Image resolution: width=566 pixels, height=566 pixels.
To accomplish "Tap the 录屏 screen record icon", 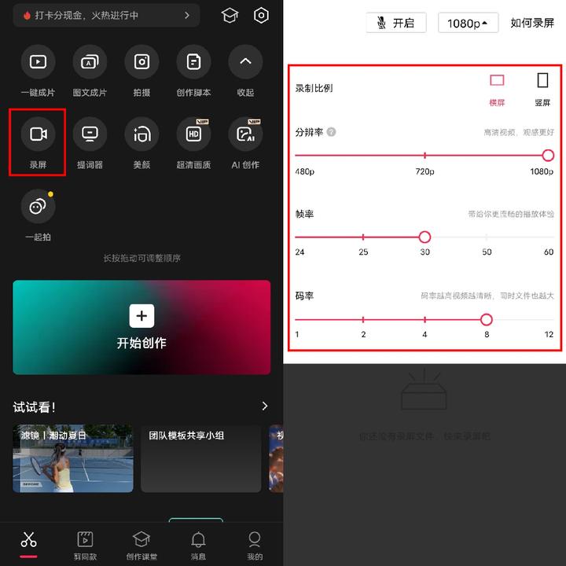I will click(x=38, y=134).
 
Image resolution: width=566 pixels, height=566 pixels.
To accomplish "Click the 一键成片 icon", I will click(x=38, y=62).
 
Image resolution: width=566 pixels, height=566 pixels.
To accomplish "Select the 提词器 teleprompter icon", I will click(x=90, y=134).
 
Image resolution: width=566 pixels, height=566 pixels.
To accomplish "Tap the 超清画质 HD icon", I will click(x=193, y=134).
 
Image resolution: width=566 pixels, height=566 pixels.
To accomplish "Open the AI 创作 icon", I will click(x=245, y=134).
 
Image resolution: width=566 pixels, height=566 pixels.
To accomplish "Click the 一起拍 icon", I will click(x=38, y=207).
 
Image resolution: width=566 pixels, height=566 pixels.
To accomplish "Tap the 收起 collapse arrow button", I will click(x=245, y=62).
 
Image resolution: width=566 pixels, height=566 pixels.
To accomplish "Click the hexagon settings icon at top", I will click(x=261, y=16).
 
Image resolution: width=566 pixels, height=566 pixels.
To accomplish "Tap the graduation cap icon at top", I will click(x=230, y=16).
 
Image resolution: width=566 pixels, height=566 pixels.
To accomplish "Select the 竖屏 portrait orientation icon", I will click(x=542, y=81).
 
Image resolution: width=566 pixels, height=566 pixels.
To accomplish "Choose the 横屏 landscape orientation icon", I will click(x=497, y=81).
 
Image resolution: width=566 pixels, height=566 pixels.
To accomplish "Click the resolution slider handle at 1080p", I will click(x=548, y=156).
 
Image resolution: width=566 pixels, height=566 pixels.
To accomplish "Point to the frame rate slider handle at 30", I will click(x=424, y=237).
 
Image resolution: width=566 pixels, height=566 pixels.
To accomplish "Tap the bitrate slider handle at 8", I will click(x=486, y=319).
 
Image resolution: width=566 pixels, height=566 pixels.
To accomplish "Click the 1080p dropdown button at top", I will click(x=468, y=23).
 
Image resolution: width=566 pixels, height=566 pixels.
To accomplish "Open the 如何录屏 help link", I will click(x=532, y=23).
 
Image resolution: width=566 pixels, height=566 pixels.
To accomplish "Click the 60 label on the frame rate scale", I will click(x=548, y=252).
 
